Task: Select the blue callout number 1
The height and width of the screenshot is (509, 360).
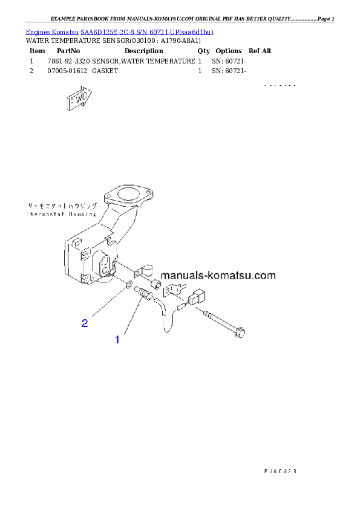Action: pos(117,340)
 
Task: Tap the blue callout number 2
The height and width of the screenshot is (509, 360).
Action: pos(85,323)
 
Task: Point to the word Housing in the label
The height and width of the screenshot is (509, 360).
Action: pos(83,214)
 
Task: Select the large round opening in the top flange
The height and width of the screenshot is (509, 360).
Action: pos(126,196)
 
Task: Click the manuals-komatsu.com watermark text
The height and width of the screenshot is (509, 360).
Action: pos(218,276)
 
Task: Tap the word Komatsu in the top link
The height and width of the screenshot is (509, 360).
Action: pos(65,31)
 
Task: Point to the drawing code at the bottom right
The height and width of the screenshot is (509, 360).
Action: pos(280,469)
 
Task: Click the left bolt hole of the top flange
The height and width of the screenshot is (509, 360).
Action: pos(109,197)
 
